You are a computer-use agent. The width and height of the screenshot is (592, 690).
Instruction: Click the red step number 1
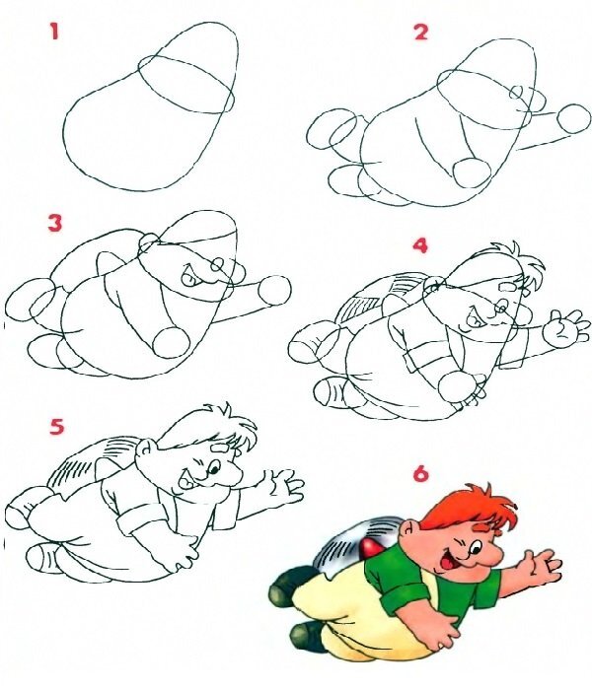[x=54, y=33]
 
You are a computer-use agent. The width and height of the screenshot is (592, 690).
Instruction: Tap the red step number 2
[x=420, y=33]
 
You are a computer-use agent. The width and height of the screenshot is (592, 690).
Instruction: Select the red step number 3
[x=55, y=223]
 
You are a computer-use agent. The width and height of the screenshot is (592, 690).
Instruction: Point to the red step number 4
[x=420, y=245]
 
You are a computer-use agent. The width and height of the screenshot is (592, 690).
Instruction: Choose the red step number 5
[x=56, y=427]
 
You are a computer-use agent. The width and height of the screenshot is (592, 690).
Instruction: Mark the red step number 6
[x=420, y=474]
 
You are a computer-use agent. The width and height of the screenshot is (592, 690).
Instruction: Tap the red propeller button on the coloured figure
[x=369, y=547]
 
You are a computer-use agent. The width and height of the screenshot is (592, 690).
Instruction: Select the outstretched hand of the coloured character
[x=539, y=567]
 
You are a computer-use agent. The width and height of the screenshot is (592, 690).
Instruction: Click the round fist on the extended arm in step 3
[x=275, y=290]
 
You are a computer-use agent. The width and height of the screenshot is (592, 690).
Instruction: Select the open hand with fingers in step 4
[x=566, y=326]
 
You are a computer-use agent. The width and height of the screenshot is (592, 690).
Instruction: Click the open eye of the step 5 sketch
[x=214, y=468]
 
